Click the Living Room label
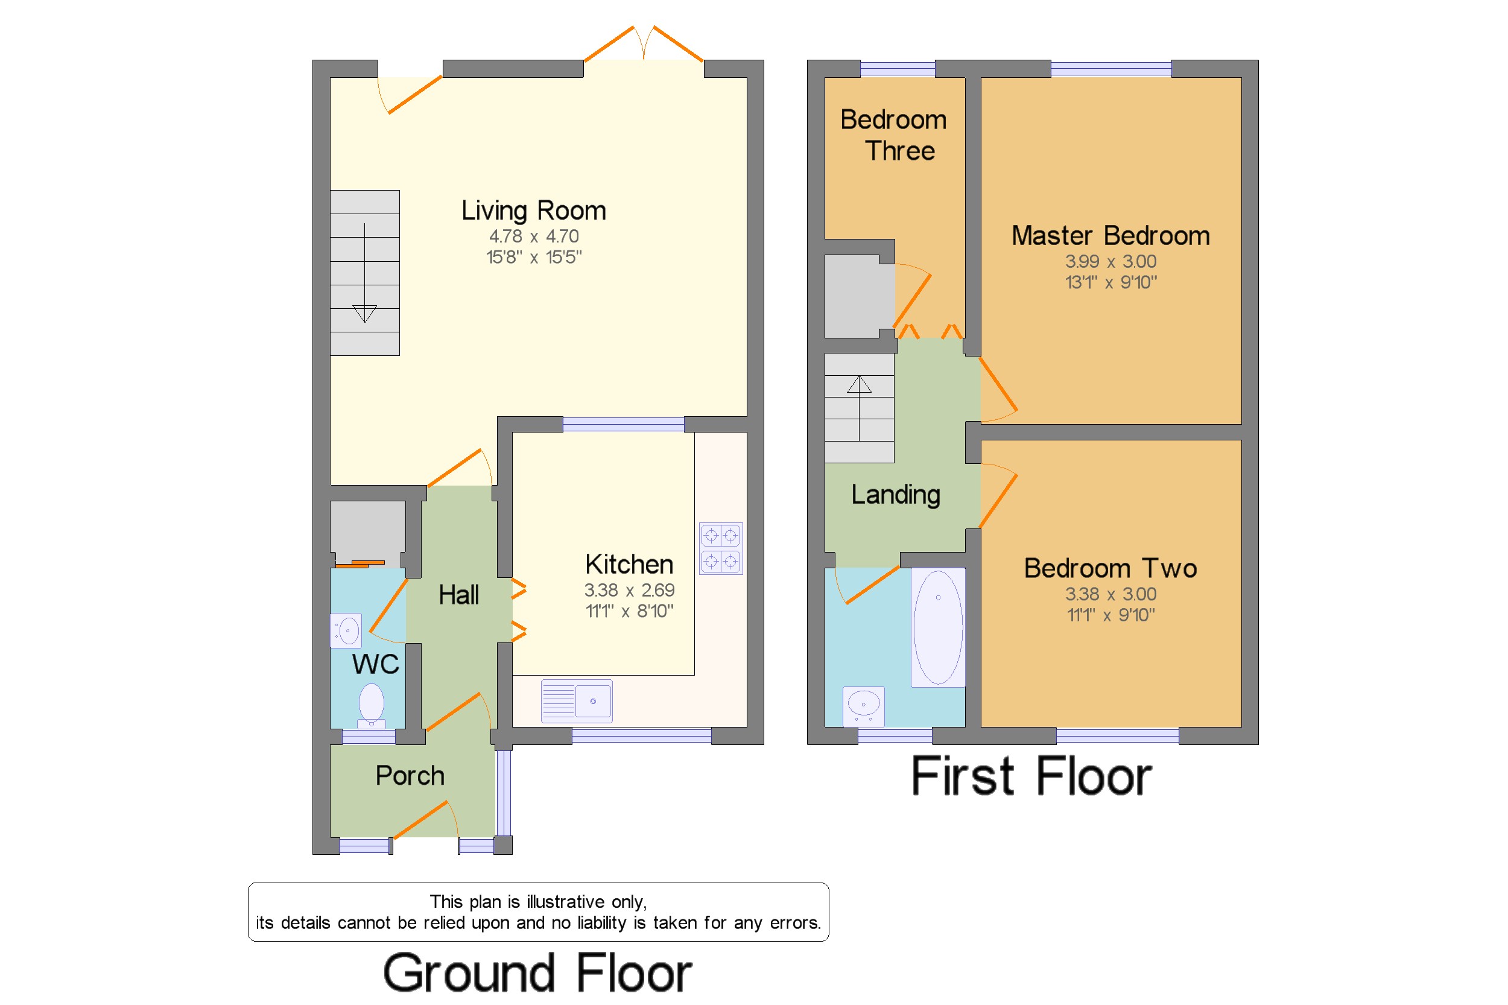[533, 211]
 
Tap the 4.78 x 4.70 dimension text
[534, 236]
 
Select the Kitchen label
[629, 564]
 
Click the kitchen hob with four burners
[720, 548]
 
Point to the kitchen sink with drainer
[576, 700]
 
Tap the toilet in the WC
[371, 706]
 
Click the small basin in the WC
[346, 631]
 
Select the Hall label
[458, 595]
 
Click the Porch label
[410, 776]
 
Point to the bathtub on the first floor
[937, 627]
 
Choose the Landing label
[895, 495]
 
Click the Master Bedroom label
[1110, 236]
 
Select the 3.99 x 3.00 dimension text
[1110, 262]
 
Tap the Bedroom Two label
[1110, 568]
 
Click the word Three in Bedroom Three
[900, 151]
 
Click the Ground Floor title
[537, 972]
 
